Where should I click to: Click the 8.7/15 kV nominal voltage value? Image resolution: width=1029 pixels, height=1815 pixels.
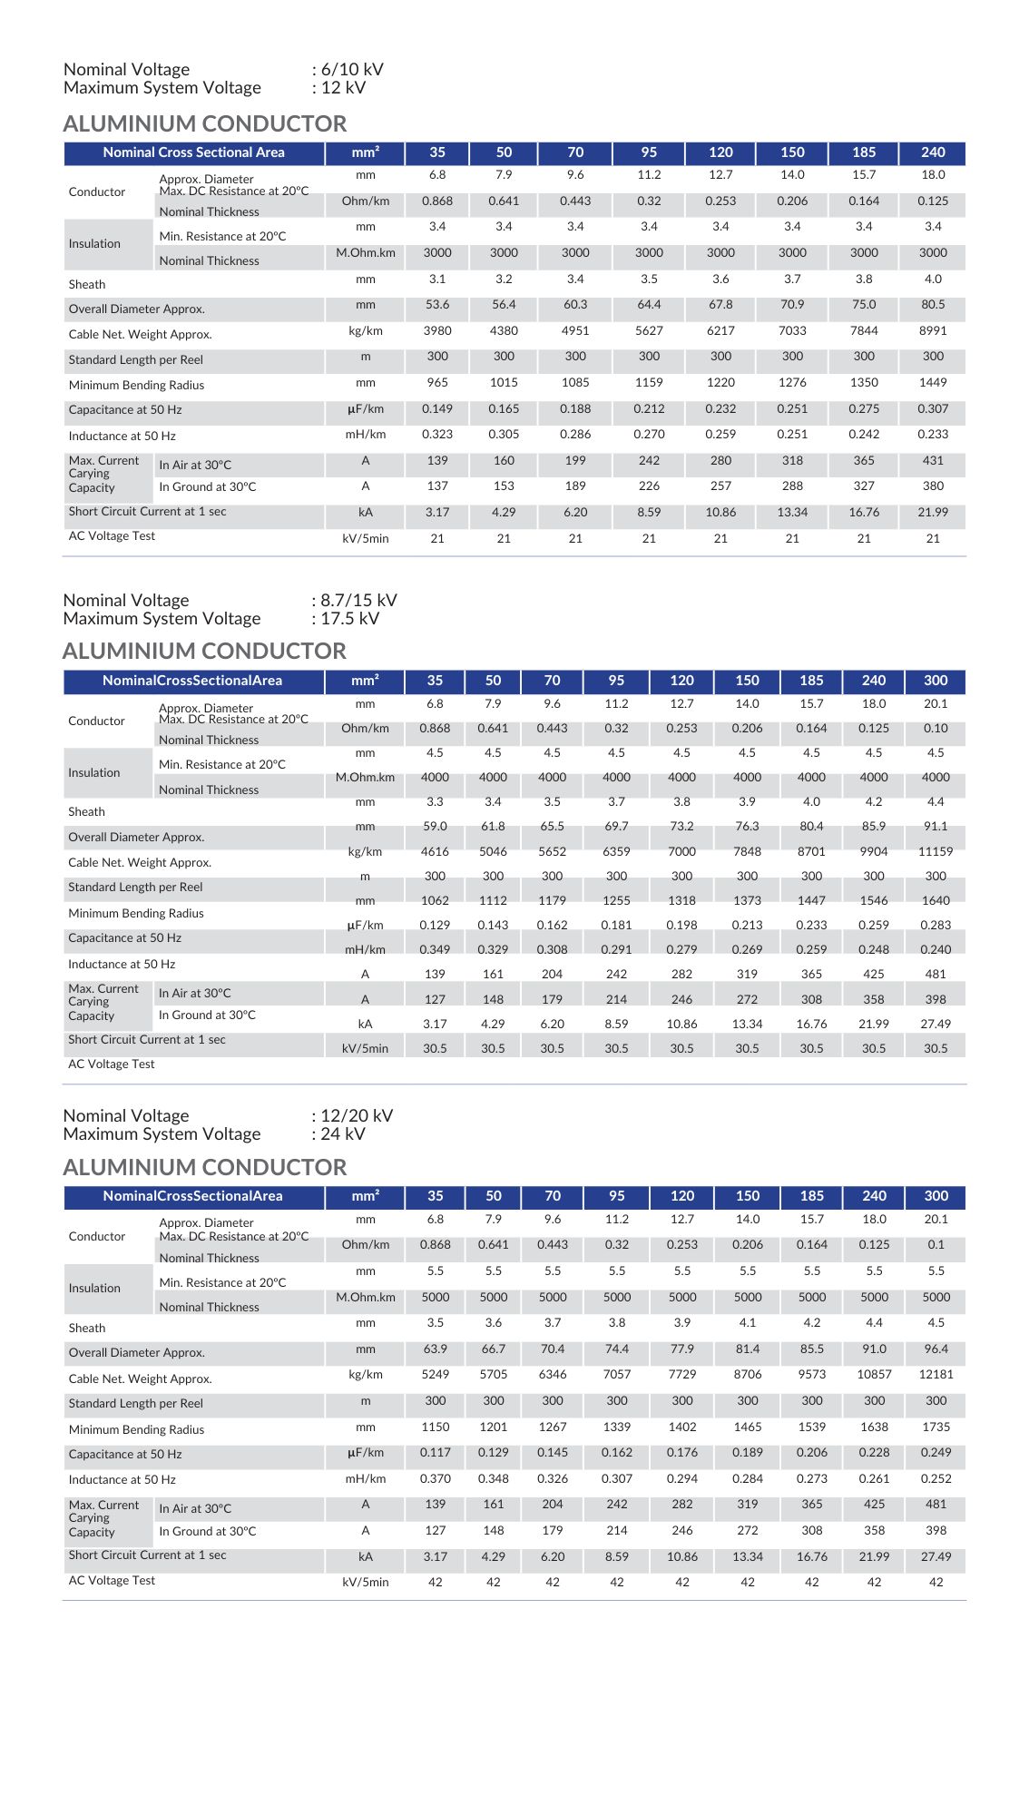[358, 601]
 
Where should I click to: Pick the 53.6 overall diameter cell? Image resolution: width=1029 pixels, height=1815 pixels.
[437, 305]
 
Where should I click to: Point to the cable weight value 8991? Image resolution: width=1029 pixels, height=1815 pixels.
[933, 331]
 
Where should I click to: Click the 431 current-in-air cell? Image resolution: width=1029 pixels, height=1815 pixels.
[933, 461]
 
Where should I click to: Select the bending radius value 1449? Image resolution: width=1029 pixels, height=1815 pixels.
[933, 383]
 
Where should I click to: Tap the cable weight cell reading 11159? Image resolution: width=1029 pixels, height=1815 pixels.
[936, 852]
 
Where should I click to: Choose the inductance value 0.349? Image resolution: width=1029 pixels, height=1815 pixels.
[436, 950]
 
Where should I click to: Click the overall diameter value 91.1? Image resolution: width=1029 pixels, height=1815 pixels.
[936, 827]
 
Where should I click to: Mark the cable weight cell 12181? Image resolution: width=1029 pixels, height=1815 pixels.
[936, 1375]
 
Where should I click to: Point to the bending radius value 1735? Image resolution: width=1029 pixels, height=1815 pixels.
[936, 1427]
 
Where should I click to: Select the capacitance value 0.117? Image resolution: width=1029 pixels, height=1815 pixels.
[436, 1453]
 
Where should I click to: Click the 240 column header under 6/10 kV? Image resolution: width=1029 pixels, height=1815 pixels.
[933, 152]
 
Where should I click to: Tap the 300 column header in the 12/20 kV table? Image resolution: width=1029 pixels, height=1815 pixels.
[936, 1196]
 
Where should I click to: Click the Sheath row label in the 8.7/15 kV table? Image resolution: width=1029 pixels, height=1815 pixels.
[87, 812]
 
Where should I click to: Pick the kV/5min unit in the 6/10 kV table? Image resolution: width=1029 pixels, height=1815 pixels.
[366, 539]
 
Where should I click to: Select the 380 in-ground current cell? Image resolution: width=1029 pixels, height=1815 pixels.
[933, 486]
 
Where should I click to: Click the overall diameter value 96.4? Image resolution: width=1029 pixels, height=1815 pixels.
[936, 1349]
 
